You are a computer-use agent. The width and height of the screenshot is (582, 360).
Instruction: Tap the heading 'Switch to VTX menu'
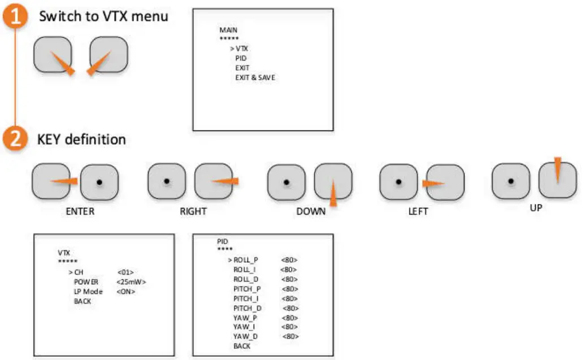(x=103, y=16)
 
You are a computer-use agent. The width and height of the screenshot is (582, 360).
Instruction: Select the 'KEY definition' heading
(x=81, y=138)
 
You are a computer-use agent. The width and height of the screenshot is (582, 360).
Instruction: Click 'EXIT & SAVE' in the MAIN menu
(x=255, y=77)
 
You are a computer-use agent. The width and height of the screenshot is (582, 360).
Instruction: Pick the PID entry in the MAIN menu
(x=241, y=58)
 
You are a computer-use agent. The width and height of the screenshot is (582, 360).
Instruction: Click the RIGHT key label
(x=193, y=212)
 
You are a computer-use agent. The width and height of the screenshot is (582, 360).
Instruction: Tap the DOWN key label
(x=311, y=212)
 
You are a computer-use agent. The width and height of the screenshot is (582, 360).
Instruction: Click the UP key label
(x=536, y=208)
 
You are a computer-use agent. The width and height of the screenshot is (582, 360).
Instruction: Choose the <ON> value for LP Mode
(x=126, y=292)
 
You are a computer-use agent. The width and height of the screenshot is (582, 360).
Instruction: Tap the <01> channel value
(x=125, y=272)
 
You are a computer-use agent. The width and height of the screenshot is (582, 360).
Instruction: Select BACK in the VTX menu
(x=82, y=301)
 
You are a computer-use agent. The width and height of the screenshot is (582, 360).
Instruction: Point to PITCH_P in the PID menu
(x=247, y=289)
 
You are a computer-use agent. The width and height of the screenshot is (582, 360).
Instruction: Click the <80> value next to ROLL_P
(x=289, y=260)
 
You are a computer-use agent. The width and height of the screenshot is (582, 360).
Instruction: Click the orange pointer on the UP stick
(x=557, y=168)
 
